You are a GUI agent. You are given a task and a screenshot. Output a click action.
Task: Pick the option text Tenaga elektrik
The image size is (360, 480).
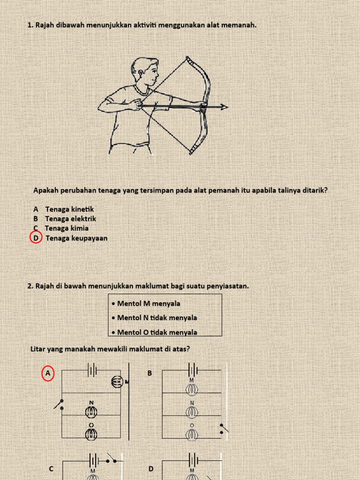pyautogui.click(x=71, y=218)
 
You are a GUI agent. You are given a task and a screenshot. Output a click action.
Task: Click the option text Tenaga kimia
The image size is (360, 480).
pyautogui.click(x=67, y=228)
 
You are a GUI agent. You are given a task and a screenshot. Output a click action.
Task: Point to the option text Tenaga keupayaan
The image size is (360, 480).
pyautogui.click(x=76, y=238)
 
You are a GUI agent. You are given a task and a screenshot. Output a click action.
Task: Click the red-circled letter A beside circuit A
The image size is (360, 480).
pyautogui.click(x=48, y=374)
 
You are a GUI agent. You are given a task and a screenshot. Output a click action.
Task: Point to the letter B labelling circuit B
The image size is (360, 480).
pyautogui.click(x=150, y=373)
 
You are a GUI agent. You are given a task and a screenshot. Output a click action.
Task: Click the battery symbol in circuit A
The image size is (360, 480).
pyautogui.click(x=92, y=370)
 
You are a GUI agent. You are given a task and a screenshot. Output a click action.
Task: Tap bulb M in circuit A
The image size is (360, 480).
pyautogui.click(x=117, y=382)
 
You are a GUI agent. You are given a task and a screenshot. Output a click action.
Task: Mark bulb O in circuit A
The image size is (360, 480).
pyautogui.click(x=91, y=434)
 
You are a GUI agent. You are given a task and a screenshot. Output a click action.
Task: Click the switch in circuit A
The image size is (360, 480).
pyautogui.click(x=60, y=405)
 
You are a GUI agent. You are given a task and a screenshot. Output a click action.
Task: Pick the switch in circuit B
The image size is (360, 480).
pyautogui.click(x=224, y=428)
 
